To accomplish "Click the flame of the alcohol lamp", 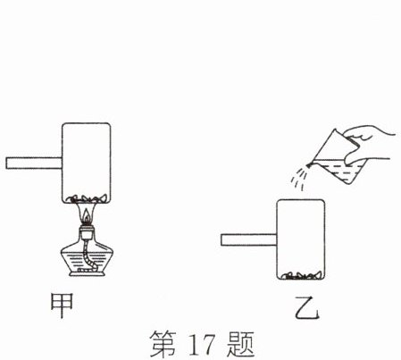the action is coord(86,216).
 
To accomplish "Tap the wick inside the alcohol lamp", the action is coord(88,256).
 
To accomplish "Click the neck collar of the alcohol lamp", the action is coord(87,233).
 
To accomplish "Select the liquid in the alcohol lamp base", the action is coord(87,262).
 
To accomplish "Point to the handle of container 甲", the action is coord(34,163).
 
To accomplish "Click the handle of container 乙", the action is coord(249,240).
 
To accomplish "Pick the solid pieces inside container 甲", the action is coord(87,198).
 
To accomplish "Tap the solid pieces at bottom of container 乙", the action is coord(301,276).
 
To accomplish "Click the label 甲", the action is coord(62,306).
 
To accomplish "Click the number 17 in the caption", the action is coord(202,345).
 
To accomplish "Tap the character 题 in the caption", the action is coord(240,344).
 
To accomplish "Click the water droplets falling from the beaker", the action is coord(299,178).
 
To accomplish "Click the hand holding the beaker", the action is coord(369,143).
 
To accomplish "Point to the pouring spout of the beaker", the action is coord(309,163).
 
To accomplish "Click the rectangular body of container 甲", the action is coord(87,163).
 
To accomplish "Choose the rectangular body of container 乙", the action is coord(301,240).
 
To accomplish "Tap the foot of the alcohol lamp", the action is coord(88,273).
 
